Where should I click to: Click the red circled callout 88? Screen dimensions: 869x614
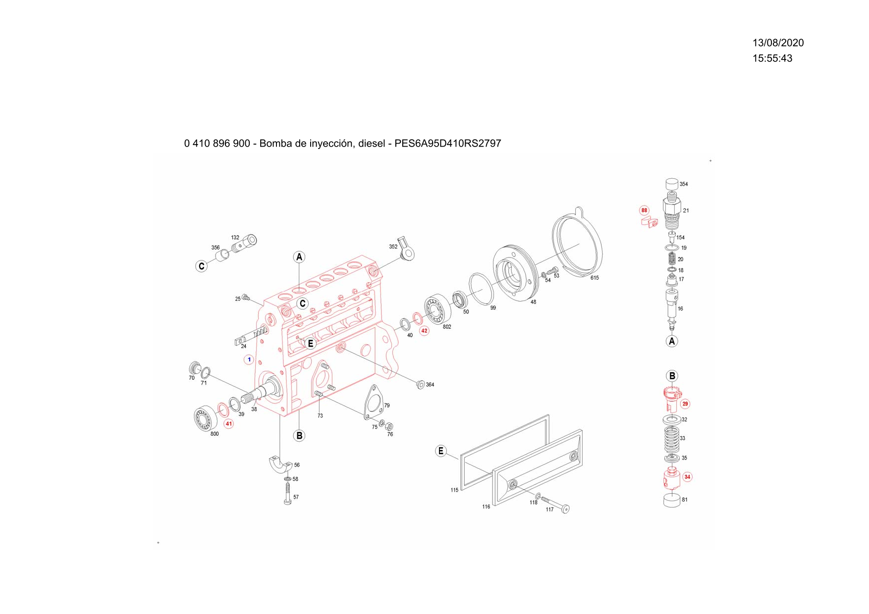click(x=644, y=210)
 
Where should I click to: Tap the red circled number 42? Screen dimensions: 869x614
click(x=424, y=331)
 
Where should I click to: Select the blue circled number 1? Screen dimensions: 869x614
click(x=249, y=359)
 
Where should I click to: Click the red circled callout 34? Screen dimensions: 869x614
click(x=687, y=477)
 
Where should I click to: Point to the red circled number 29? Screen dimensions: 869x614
click(x=685, y=404)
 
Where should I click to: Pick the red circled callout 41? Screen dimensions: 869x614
click(x=228, y=424)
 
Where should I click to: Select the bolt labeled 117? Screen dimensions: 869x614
click(x=555, y=504)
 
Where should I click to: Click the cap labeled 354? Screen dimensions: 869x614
click(x=671, y=185)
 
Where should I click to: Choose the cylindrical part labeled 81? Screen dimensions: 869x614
click(x=671, y=499)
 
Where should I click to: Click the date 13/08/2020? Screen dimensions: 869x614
click(x=778, y=43)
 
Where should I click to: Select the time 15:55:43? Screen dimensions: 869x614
click(x=772, y=58)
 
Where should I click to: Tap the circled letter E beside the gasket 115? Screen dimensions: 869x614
click(x=440, y=451)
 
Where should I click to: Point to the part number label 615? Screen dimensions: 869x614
click(x=595, y=278)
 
